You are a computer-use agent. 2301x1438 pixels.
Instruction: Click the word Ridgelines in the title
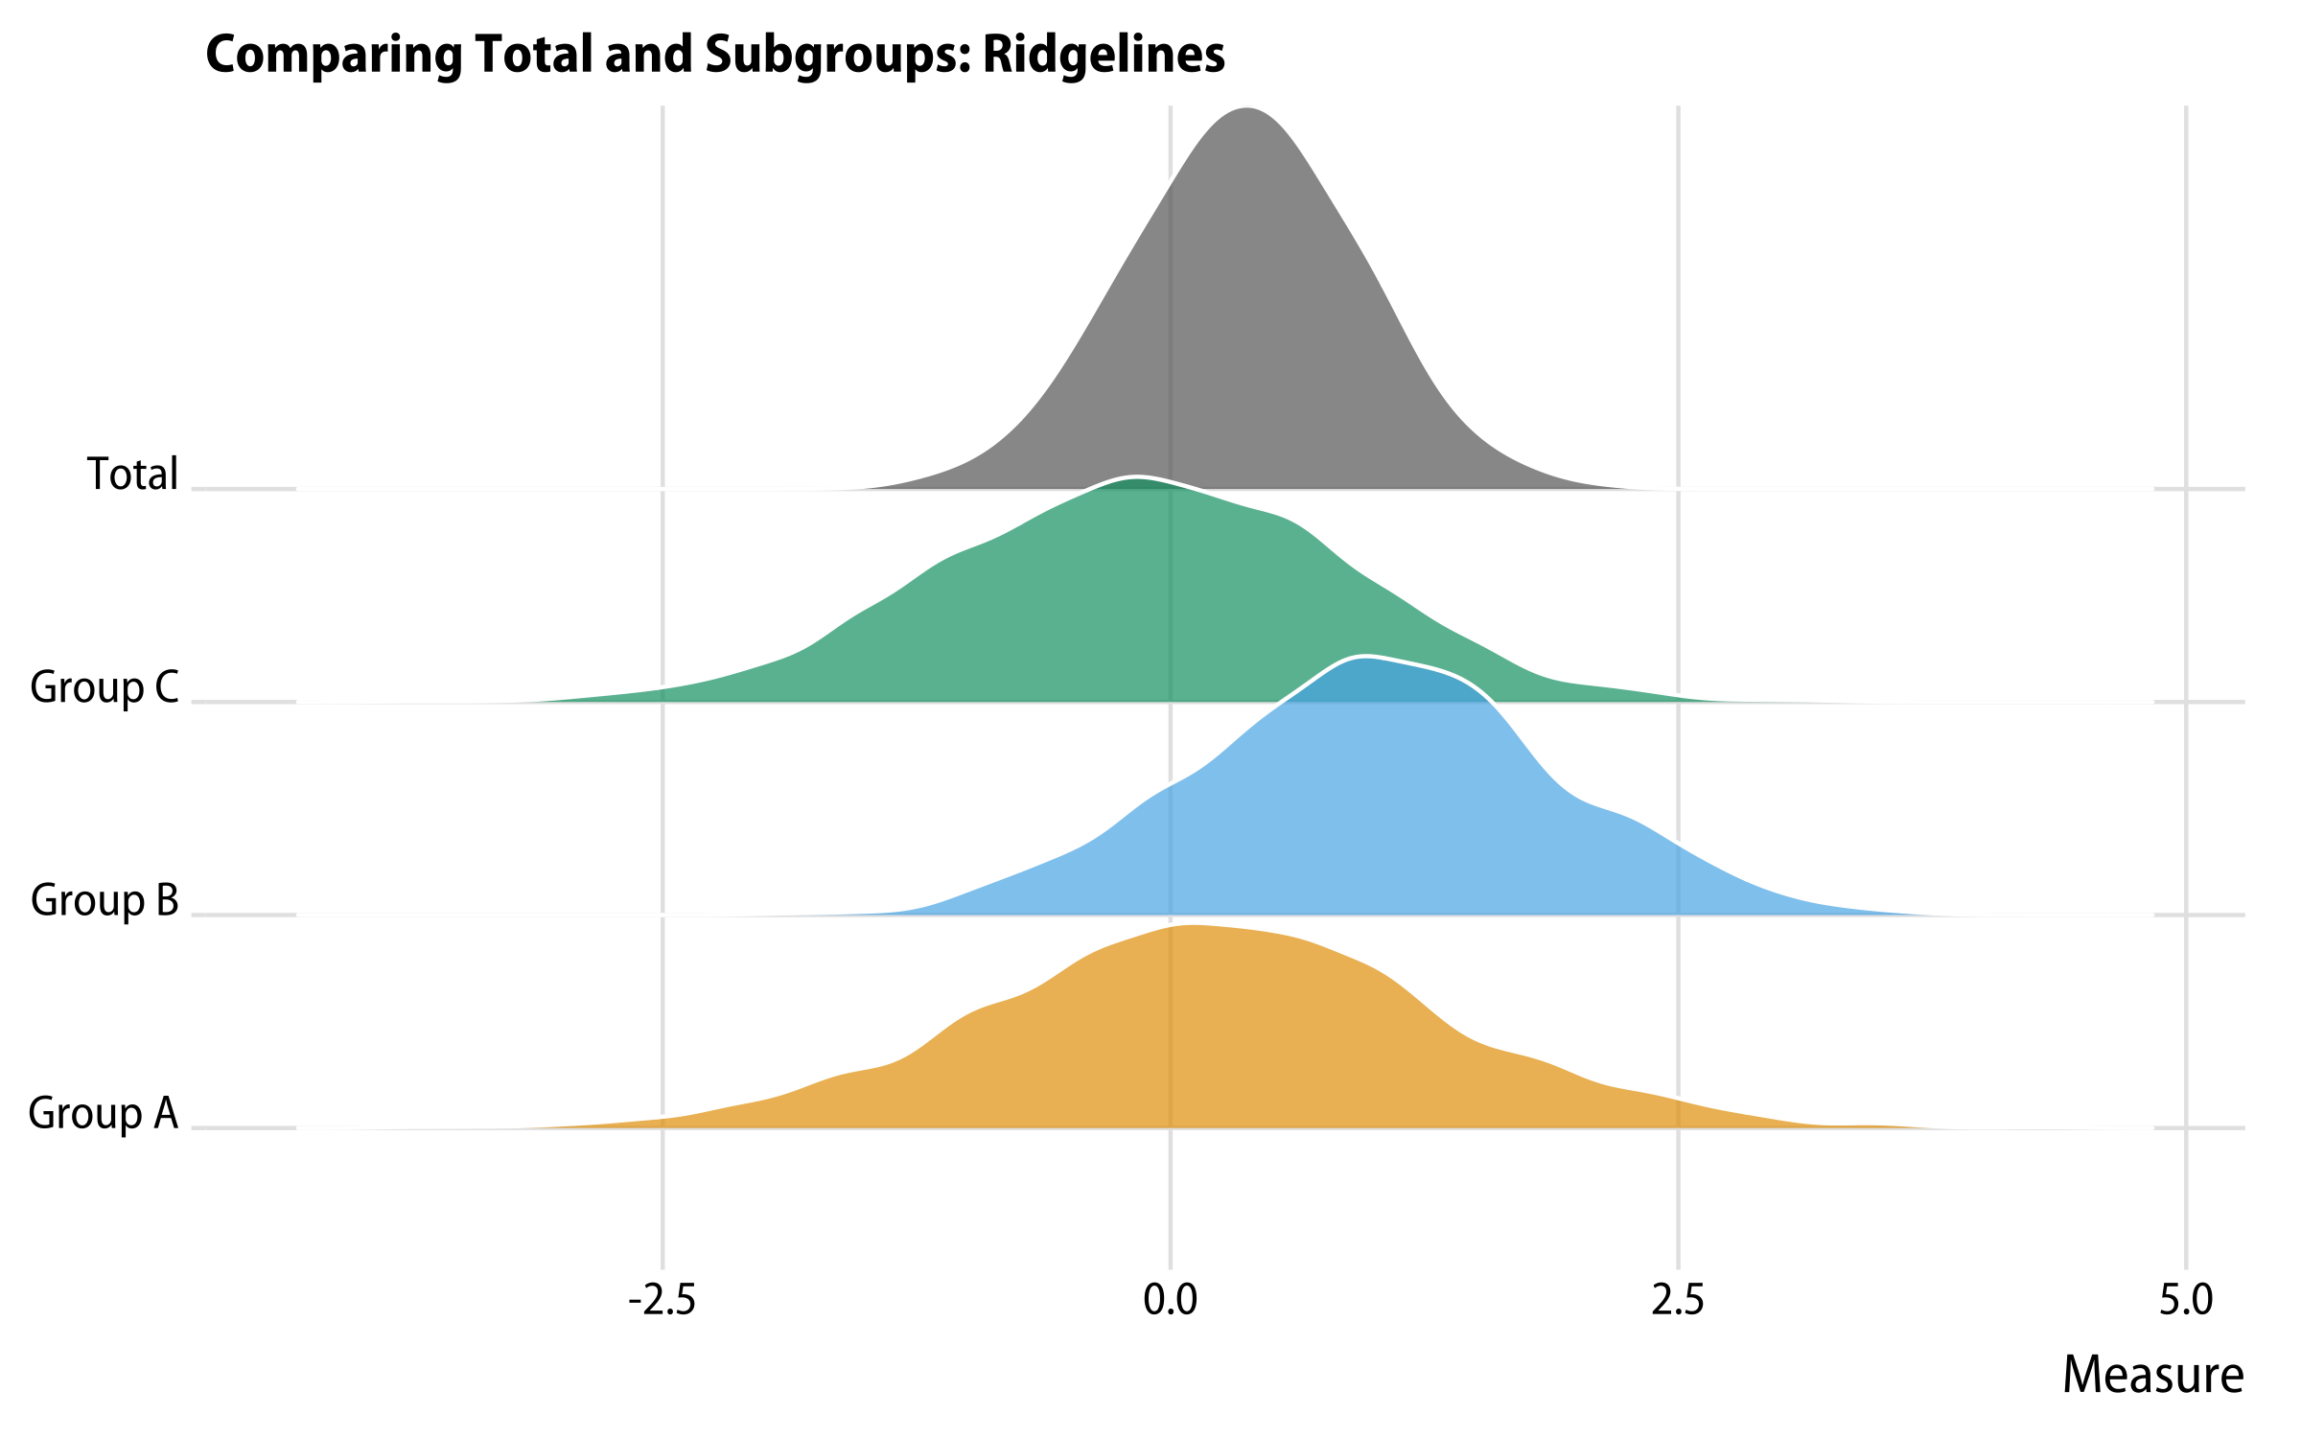click(1104, 55)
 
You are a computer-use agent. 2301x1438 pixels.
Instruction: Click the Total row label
click(133, 474)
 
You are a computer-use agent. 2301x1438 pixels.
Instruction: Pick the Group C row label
click(105, 687)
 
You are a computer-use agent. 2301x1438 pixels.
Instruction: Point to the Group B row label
click(105, 900)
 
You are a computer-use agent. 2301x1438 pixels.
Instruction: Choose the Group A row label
click(104, 1113)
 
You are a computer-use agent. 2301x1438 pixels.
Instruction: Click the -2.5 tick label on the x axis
click(662, 1300)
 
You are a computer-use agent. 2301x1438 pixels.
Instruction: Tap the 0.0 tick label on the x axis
click(1171, 1300)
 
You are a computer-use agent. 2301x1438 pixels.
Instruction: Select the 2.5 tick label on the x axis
click(1678, 1300)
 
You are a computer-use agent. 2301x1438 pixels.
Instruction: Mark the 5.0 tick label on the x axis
click(2186, 1300)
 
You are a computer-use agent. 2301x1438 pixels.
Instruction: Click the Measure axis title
click(2153, 1376)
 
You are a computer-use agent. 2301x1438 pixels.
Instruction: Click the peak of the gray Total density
click(1246, 109)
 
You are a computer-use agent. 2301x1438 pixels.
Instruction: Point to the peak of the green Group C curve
click(1137, 477)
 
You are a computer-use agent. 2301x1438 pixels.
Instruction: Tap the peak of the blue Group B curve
click(1364, 657)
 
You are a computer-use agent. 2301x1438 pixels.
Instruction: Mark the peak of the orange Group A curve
click(1189, 927)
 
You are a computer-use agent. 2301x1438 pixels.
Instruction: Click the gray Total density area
click(1246, 336)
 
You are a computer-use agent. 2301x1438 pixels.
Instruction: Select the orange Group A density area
click(1198, 1035)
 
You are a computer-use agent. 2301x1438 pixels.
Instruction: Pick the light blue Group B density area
click(1390, 815)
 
